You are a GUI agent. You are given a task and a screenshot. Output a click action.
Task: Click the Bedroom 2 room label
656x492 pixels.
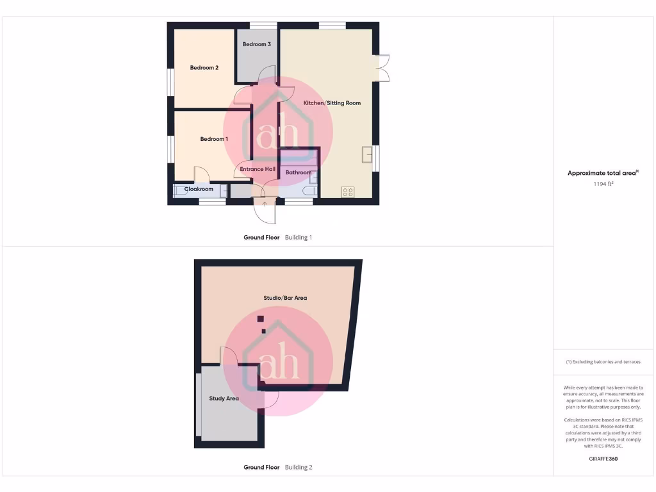[204, 67]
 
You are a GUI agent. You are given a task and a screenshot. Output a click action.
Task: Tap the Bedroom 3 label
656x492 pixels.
[256, 44]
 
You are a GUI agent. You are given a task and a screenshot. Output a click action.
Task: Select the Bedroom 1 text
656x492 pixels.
[214, 139]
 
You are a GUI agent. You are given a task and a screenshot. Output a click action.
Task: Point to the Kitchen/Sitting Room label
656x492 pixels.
[332, 102]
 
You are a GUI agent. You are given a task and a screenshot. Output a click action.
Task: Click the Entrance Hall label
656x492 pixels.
[258, 169]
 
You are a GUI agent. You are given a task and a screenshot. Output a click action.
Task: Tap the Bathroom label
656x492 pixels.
[299, 172]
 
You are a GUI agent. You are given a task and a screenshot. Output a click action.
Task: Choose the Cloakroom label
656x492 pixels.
[199, 189]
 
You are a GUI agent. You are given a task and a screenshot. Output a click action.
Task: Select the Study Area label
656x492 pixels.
[224, 398]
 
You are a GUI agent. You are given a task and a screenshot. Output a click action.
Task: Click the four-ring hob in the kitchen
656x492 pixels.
[348, 192]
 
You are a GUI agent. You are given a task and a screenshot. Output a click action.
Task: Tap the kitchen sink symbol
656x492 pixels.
[367, 155]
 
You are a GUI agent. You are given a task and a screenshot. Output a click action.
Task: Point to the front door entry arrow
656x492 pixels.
[265, 204]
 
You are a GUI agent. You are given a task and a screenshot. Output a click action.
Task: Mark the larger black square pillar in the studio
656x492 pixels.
[260, 319]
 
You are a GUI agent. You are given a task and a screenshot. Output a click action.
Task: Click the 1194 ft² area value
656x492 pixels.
[604, 184]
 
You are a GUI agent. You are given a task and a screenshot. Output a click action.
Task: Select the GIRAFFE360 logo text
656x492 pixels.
[603, 459]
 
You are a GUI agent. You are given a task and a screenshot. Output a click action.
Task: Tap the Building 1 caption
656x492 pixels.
[299, 237]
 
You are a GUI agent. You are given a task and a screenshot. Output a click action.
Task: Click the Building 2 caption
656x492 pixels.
[299, 467]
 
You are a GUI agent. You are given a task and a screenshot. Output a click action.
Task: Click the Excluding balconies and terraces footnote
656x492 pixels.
[603, 362]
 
